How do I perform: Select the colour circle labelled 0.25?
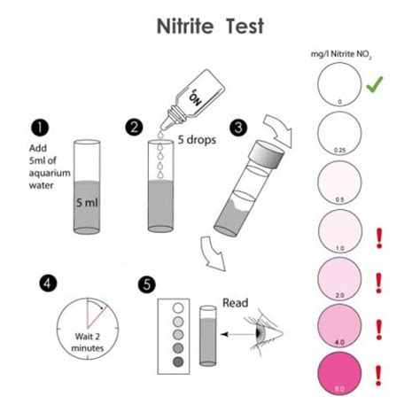coord(338,137)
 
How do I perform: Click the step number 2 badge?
coord(135,127)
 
